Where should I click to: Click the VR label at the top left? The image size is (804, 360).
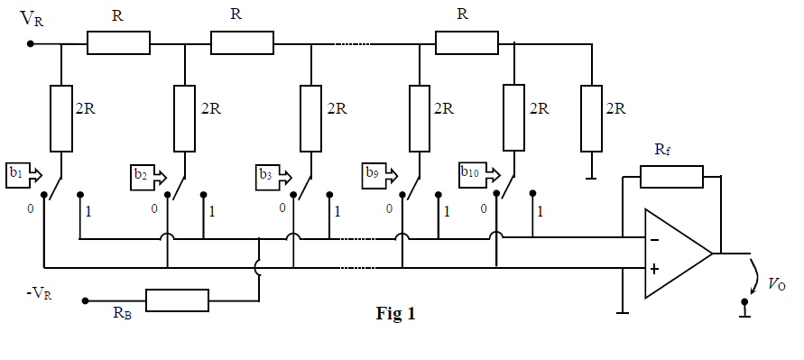(x=31, y=19)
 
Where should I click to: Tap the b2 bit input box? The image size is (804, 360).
(x=143, y=174)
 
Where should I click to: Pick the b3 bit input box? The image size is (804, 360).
(x=268, y=174)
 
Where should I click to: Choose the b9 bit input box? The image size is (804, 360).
(x=376, y=171)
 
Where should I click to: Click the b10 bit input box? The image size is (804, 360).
(x=472, y=171)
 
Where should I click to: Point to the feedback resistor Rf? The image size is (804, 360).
(x=670, y=177)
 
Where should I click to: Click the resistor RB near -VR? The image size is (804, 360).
(x=177, y=300)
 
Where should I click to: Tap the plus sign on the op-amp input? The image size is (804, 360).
(x=654, y=268)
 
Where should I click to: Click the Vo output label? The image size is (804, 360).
(x=776, y=283)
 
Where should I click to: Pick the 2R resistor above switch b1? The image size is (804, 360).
(x=60, y=118)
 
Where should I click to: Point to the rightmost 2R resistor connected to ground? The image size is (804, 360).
(x=591, y=118)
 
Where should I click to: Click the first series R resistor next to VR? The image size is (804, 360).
(x=118, y=42)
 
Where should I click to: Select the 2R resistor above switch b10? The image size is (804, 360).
(x=513, y=118)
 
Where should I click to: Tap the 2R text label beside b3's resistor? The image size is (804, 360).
(x=337, y=108)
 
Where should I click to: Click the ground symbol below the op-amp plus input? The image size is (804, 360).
(x=622, y=313)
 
